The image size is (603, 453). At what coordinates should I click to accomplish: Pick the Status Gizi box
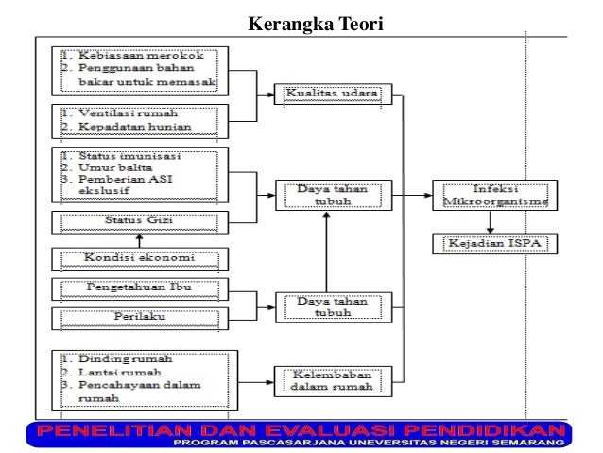[x=139, y=221]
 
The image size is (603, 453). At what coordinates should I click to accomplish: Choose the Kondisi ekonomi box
[x=139, y=257]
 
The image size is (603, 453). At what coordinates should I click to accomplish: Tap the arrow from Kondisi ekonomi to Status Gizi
[x=139, y=240]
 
